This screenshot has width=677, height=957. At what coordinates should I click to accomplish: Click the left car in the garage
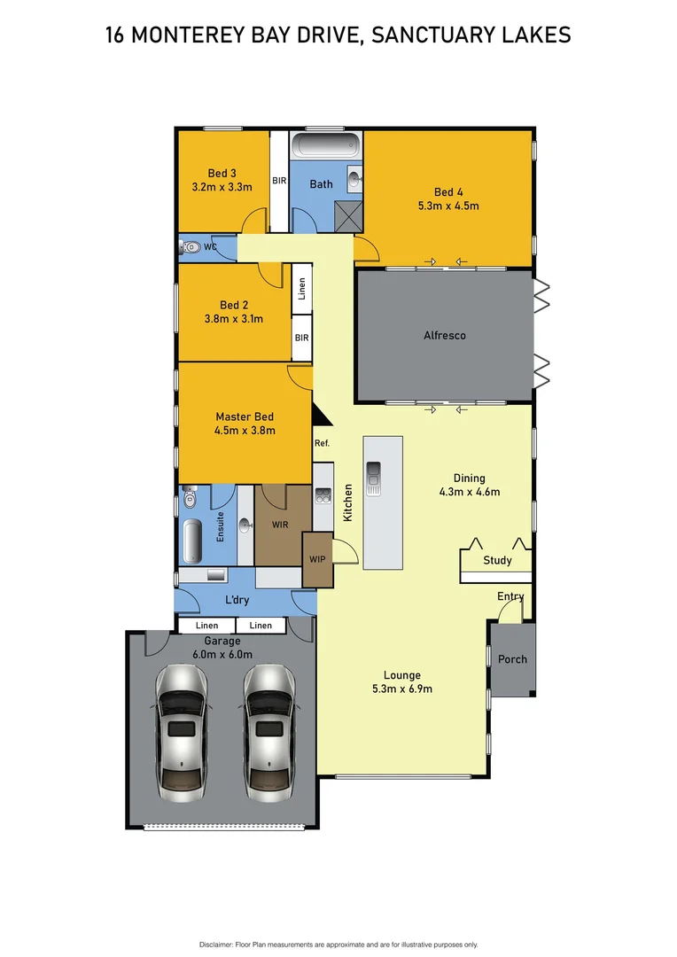[x=182, y=728]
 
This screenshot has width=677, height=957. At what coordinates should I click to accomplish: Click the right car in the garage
[x=269, y=728]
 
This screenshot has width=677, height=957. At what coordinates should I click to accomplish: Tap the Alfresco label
[x=444, y=336]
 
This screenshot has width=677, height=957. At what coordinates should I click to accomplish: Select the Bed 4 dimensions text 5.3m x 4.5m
[x=448, y=206]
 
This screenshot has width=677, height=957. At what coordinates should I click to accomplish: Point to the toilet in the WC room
[x=191, y=248]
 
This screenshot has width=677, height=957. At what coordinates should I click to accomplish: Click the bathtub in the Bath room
[x=326, y=144]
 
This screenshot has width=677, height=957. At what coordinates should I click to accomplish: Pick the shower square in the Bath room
[x=348, y=215]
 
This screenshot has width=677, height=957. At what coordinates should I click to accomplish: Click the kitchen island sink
[x=374, y=478]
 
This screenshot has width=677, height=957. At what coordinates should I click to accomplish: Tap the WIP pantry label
[x=317, y=559]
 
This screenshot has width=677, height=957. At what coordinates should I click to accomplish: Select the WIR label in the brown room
[x=280, y=525]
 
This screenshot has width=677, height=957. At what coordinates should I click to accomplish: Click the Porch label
[x=512, y=659]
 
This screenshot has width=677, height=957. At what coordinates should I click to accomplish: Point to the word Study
[x=497, y=561]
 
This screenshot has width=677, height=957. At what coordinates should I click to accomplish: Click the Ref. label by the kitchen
[x=322, y=443]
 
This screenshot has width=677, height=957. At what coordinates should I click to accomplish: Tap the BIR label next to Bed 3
[x=279, y=182]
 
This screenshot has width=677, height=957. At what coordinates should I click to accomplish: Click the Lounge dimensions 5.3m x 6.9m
[x=402, y=689]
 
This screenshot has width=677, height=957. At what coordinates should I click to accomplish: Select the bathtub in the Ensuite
[x=191, y=541]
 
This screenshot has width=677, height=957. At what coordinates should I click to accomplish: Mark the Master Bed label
[x=245, y=416]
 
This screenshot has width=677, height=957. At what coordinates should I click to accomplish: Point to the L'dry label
[x=237, y=600]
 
